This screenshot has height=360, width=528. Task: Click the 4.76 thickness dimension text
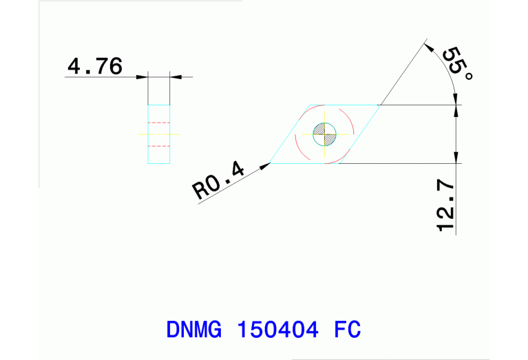(95, 66)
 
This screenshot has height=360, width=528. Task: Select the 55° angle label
(457, 64)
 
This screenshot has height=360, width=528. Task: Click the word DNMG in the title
(194, 329)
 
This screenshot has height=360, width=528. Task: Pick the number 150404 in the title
(277, 329)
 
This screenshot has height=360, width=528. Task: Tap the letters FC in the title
(348, 329)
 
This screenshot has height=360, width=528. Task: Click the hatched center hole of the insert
(324, 133)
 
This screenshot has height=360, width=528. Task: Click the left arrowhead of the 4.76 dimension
(144, 77)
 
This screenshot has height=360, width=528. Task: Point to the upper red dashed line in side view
(159, 123)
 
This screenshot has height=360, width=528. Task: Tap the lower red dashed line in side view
(159, 145)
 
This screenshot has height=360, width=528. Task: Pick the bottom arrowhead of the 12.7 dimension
(456, 159)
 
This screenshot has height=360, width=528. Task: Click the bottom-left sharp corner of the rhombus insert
(271, 163)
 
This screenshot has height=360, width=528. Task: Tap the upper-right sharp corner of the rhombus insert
(380, 105)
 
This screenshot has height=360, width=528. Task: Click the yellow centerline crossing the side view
(159, 134)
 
